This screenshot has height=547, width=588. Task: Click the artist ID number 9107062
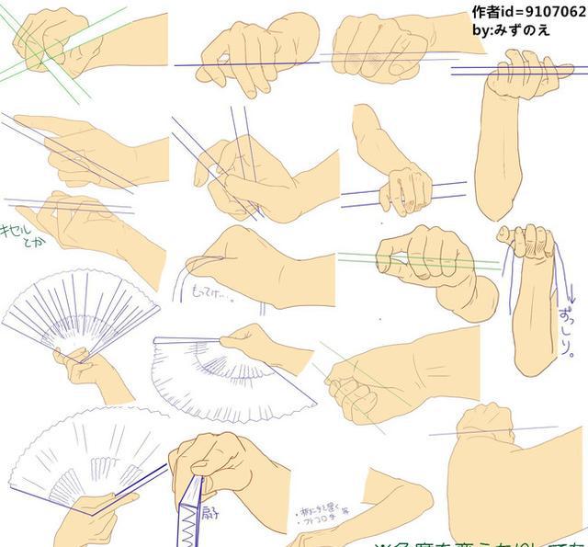pos(548,12)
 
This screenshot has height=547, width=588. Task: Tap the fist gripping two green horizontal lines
pos(432,257)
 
